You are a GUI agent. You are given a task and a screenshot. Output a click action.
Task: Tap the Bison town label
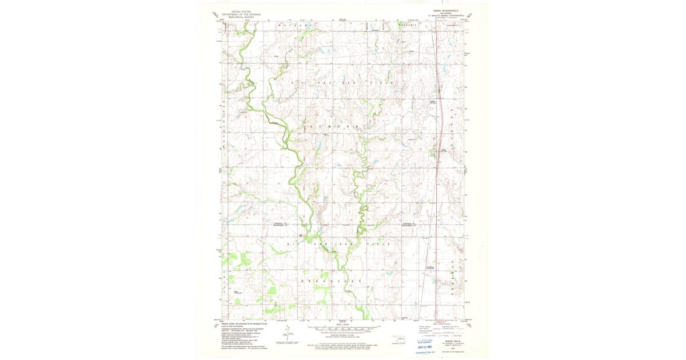tap(444, 150)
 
